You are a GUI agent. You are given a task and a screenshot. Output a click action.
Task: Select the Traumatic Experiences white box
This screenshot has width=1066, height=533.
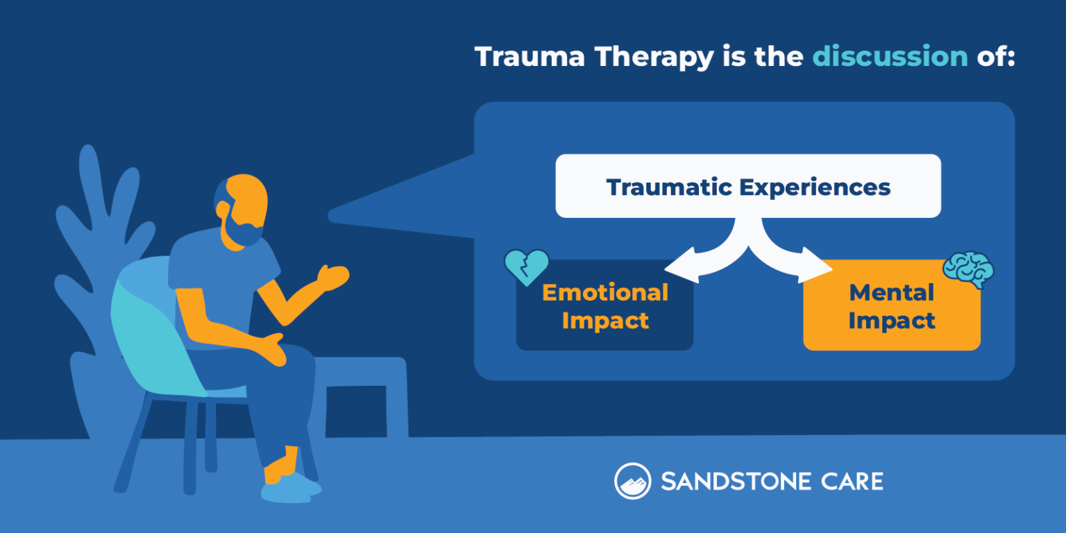748,186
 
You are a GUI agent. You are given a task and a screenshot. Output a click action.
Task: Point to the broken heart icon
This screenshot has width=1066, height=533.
526,266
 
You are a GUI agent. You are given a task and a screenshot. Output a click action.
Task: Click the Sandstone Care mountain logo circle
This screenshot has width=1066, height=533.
632,481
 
